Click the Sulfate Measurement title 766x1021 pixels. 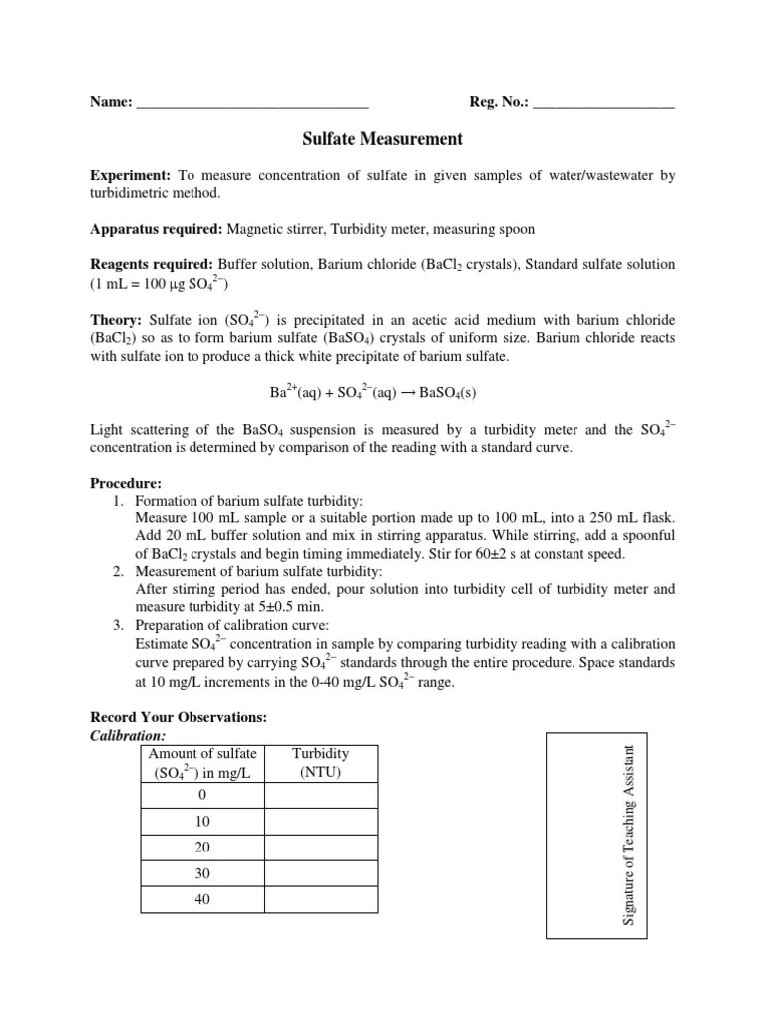pyautogui.click(x=383, y=139)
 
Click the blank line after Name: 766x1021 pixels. pyautogui.click(x=251, y=102)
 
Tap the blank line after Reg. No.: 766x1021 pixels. pyautogui.click(x=604, y=102)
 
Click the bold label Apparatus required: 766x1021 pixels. pyautogui.click(x=157, y=229)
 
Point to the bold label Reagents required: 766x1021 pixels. pyautogui.click(x=152, y=265)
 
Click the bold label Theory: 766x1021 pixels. pyautogui.click(x=117, y=319)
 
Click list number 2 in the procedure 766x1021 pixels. pyautogui.click(x=118, y=571)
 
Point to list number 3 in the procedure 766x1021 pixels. pyautogui.click(x=118, y=625)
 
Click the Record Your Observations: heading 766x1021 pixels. pyautogui.click(x=179, y=717)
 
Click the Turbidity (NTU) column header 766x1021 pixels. pyautogui.click(x=320, y=763)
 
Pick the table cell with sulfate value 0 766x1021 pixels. pyautogui.click(x=201, y=795)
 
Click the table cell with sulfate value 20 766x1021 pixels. pyautogui.click(x=201, y=848)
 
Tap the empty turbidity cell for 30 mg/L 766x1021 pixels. pyautogui.click(x=320, y=873)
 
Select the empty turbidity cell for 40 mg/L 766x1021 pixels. pyautogui.click(x=320, y=899)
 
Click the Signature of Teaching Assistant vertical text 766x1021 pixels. pyautogui.click(x=629, y=834)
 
